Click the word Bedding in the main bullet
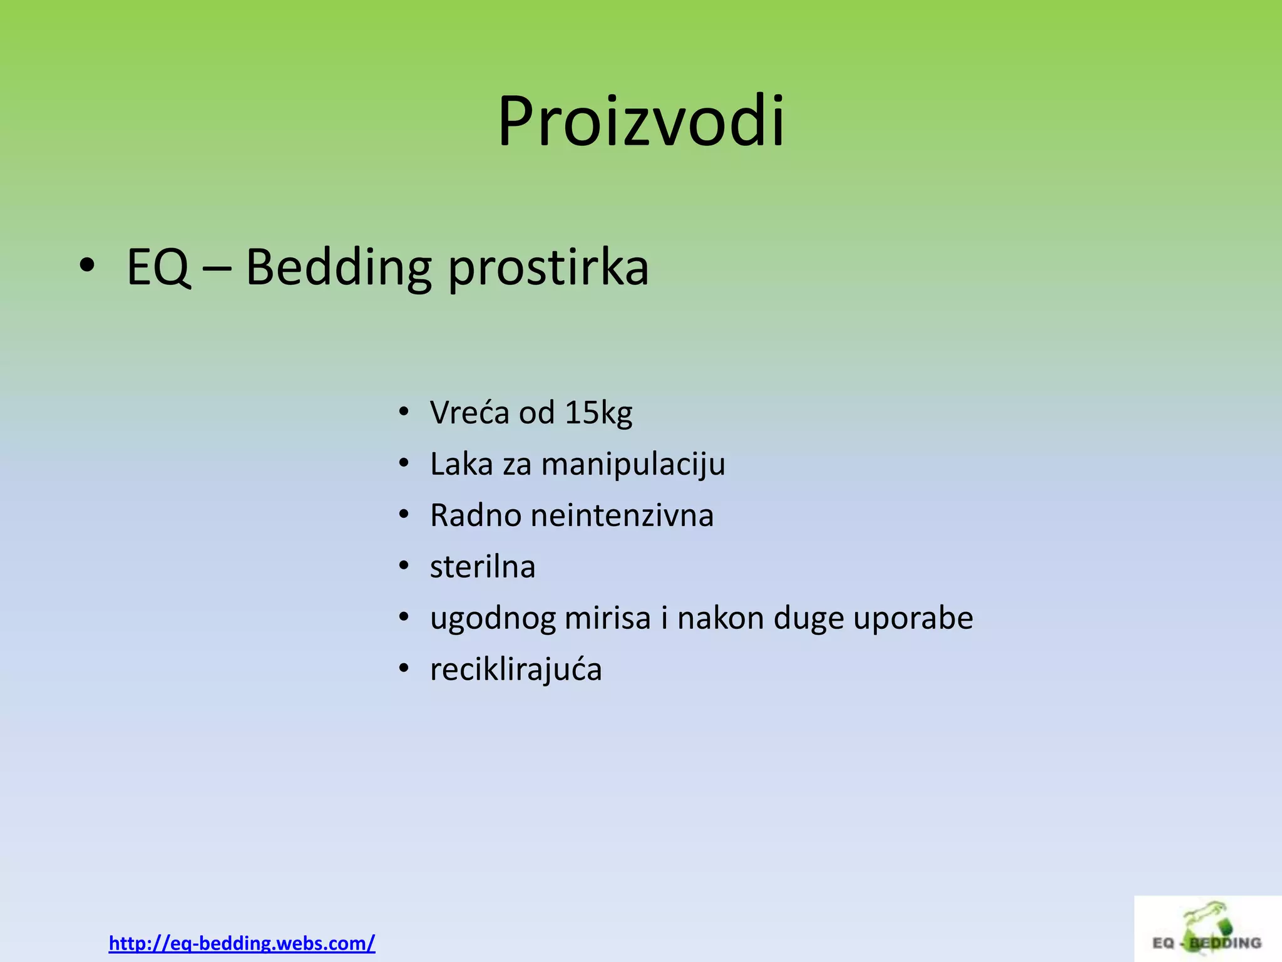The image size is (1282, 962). [338, 268]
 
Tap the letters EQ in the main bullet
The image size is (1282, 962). [158, 268]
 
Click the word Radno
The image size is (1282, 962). [476, 516]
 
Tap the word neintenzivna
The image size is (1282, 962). [622, 516]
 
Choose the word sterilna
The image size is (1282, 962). [483, 567]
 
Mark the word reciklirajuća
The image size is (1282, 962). [516, 670]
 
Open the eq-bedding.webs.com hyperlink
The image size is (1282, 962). [242, 943]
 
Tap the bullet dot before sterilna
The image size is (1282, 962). [404, 566]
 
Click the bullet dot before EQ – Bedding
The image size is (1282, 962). [87, 266]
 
